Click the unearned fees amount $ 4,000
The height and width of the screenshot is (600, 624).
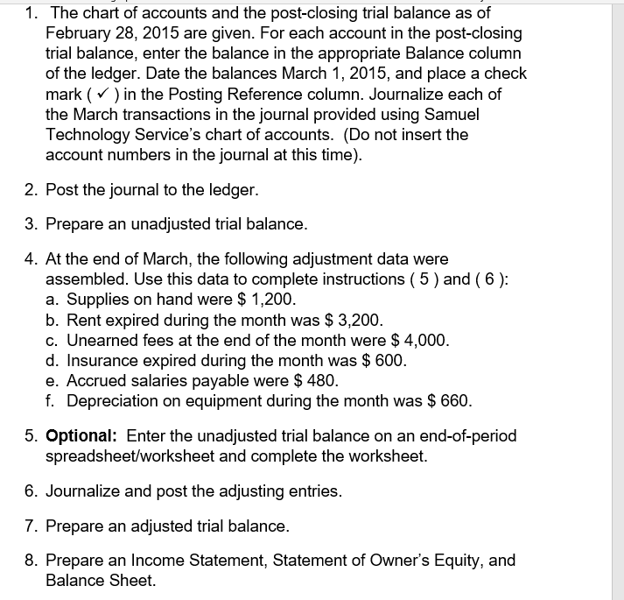tap(417, 340)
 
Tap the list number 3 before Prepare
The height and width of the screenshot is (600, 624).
tap(29, 223)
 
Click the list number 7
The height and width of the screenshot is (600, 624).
tap(29, 526)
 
